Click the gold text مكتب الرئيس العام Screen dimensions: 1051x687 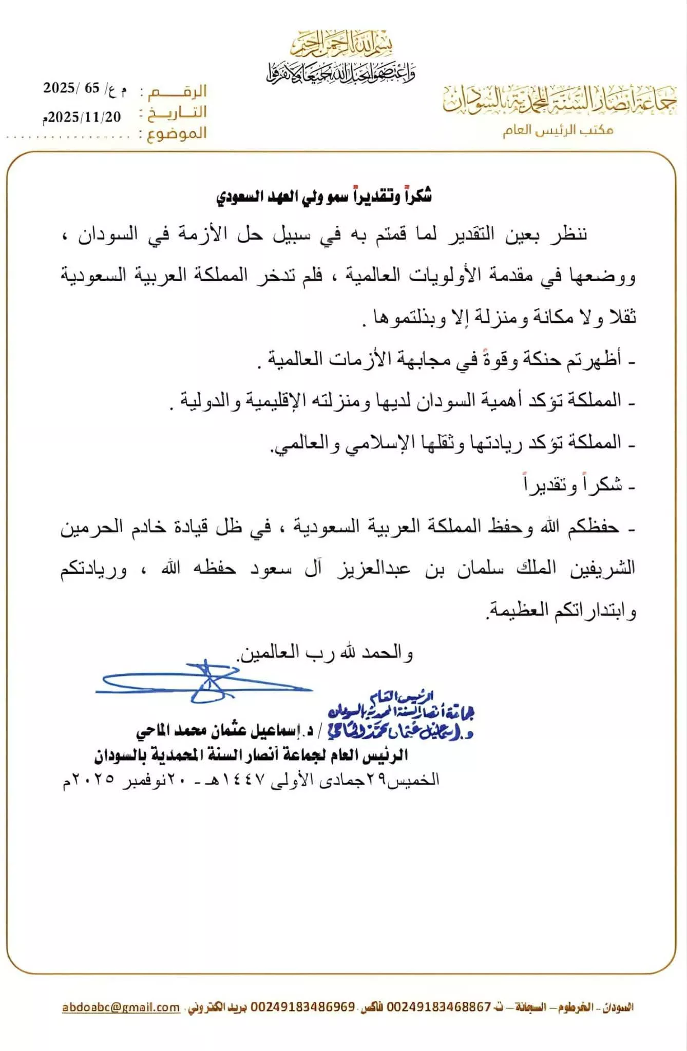click(x=558, y=130)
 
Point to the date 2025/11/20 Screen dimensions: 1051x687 click(x=82, y=117)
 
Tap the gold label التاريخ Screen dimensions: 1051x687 click(x=177, y=112)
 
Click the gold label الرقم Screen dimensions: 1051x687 click(x=177, y=91)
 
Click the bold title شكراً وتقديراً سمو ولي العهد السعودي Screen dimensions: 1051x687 click(x=323, y=197)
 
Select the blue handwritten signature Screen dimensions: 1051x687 click(x=205, y=683)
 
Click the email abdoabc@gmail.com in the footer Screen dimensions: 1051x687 click(x=121, y=1007)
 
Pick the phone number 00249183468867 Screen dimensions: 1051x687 click(x=438, y=1007)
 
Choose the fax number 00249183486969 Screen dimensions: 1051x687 click(x=302, y=1007)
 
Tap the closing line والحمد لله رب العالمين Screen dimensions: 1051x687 click(x=325, y=653)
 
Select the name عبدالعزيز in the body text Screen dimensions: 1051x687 click(x=373, y=569)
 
